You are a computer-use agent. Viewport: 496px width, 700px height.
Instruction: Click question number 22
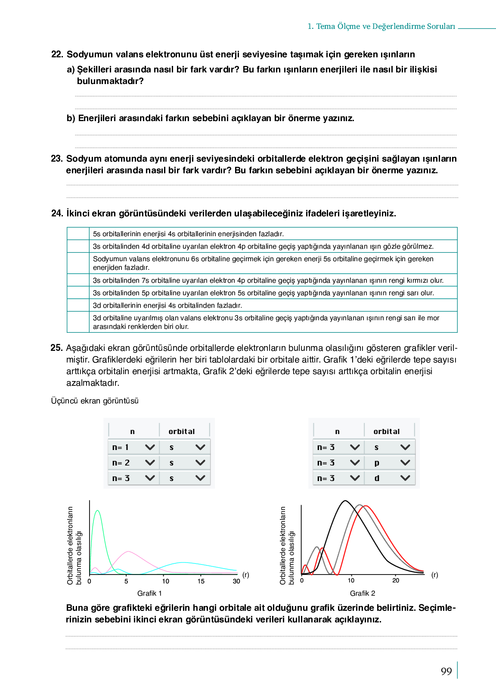point(57,54)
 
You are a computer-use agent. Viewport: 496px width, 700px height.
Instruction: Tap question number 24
point(57,213)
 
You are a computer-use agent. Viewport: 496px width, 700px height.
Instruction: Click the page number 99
point(446,671)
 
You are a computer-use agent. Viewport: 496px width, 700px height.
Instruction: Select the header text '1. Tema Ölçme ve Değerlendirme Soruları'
point(381,26)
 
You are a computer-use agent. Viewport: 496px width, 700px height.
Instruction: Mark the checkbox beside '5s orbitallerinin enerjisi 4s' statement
point(78,234)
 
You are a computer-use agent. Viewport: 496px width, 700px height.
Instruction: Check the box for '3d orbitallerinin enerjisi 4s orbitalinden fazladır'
point(78,305)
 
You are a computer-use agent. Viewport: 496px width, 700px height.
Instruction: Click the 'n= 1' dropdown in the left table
point(133,447)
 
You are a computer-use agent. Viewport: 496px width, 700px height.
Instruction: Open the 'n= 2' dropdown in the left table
point(133,462)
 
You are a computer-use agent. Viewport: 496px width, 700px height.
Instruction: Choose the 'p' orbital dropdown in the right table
point(390,462)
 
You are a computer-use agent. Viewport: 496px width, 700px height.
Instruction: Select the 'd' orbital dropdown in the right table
point(390,478)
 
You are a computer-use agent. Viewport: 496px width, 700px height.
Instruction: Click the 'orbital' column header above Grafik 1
point(181,431)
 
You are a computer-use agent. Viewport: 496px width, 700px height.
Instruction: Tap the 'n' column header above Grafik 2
point(337,431)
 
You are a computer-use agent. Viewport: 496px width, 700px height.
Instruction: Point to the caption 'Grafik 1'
point(149,593)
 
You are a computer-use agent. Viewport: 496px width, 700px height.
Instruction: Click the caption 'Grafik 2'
point(362,593)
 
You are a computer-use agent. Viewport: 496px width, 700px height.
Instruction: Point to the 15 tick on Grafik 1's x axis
point(201,581)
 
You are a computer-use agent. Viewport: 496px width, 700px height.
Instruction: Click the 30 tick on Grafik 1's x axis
point(236,581)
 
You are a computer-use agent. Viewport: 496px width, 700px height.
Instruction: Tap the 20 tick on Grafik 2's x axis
point(396,580)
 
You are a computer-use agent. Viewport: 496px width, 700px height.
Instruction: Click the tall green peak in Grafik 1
point(98,511)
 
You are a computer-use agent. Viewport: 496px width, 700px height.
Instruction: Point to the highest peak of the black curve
point(345,501)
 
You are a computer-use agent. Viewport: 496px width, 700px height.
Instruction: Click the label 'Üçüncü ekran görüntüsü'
point(95,401)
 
